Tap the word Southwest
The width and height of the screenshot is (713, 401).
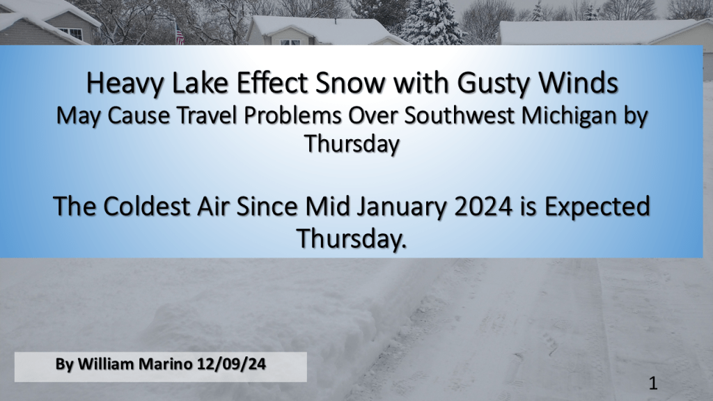click(x=460, y=116)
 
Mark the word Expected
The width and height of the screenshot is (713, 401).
click(x=597, y=207)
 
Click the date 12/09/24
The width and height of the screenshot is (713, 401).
click(x=231, y=364)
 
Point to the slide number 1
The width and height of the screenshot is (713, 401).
click(x=653, y=384)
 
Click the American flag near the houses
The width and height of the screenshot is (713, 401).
click(x=180, y=36)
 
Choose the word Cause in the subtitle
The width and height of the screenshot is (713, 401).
click(x=139, y=116)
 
